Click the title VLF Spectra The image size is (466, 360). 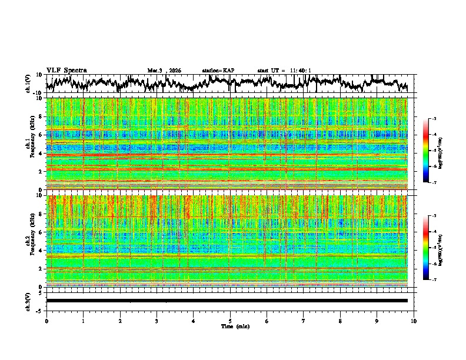66,70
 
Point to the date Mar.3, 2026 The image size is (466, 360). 164,71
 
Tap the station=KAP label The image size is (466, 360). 218,71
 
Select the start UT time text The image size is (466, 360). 284,71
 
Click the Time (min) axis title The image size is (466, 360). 230,326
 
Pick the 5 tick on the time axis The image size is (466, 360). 230,321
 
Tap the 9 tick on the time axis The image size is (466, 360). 377,321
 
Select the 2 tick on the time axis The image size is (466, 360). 120,321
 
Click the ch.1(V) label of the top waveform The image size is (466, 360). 28,84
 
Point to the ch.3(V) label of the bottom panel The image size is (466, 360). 28,300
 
